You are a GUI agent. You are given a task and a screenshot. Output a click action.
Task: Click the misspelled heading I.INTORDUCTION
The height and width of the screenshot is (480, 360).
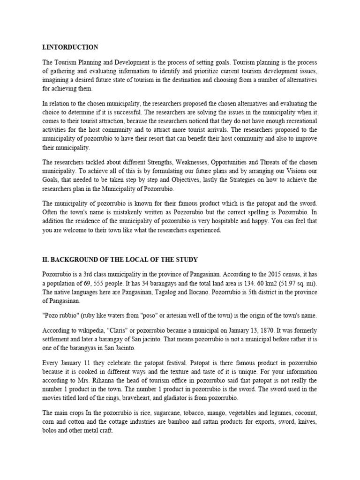(70, 47)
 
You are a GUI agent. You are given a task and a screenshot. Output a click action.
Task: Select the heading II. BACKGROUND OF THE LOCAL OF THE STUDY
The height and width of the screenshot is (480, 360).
(121, 260)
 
